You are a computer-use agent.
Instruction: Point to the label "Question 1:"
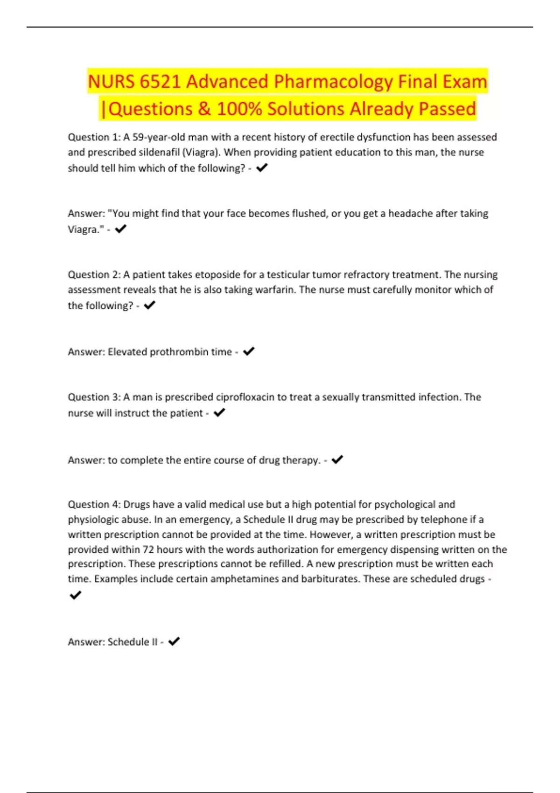coord(94,137)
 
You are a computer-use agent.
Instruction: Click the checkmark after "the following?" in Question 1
coord(262,167)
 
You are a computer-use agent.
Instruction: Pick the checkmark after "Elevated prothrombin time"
coord(249,351)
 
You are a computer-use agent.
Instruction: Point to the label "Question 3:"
coord(94,397)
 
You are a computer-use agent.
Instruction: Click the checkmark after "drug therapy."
coord(337,459)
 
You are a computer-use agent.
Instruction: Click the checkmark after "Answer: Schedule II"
coord(174,641)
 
